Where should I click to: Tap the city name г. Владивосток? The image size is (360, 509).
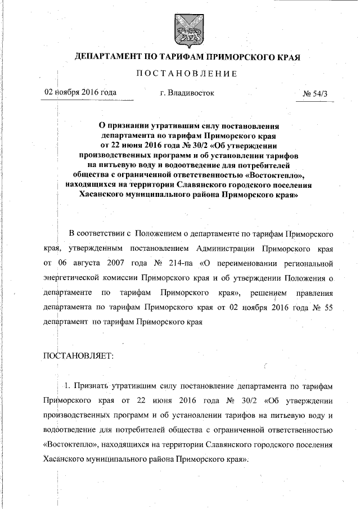187,92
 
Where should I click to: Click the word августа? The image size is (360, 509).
82,263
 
